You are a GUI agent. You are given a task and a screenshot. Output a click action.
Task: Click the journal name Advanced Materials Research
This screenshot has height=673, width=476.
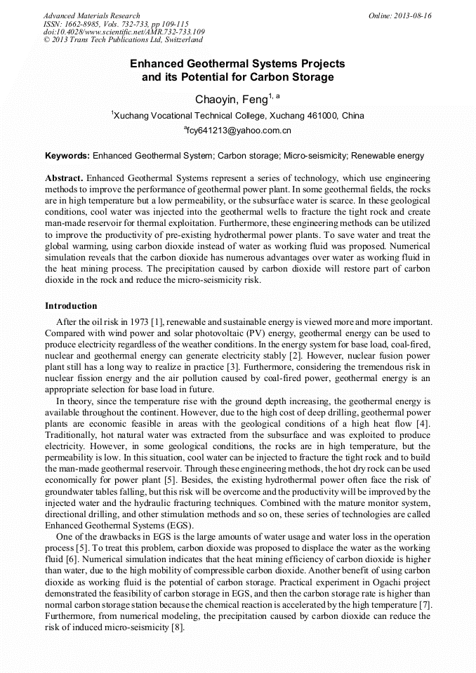[91, 15]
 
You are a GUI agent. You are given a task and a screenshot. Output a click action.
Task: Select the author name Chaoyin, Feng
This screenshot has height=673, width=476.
[231, 100]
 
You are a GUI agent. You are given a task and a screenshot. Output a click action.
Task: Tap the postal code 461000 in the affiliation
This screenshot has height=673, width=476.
[322, 116]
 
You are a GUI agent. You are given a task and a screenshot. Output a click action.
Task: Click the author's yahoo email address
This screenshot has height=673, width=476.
[239, 131]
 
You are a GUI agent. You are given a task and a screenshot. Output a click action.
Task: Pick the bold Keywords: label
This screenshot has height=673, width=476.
[67, 155]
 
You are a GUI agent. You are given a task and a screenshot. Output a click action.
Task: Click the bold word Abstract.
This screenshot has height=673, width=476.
[65, 179]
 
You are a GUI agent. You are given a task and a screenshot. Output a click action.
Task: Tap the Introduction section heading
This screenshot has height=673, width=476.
[71, 306]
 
